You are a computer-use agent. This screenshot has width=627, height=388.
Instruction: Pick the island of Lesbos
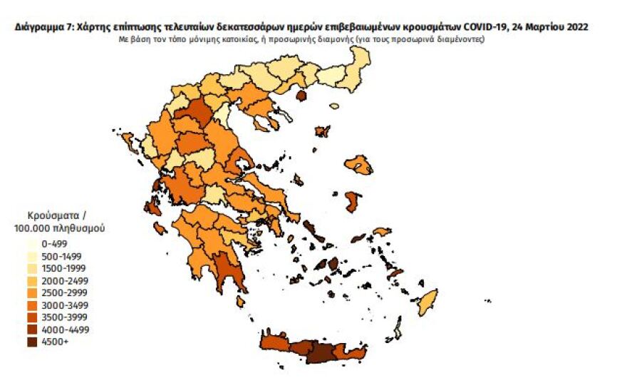pyautogui.click(x=358, y=165)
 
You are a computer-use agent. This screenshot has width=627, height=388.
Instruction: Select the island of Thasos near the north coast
pyautogui.click(x=301, y=96)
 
